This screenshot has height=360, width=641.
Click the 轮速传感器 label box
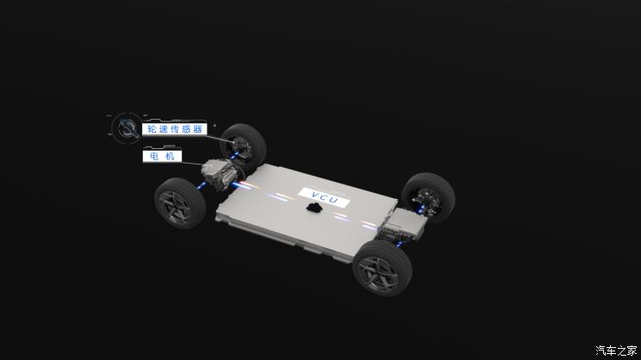175,129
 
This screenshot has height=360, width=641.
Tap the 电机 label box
162,156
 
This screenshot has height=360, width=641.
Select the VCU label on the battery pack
324,197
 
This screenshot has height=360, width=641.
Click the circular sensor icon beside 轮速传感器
127,128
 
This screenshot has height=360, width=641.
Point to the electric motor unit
220,175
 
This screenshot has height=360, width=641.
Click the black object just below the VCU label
314,208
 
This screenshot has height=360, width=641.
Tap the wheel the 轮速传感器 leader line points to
244,146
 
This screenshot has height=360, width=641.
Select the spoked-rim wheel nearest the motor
180,203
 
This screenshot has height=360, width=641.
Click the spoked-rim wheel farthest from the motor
383,268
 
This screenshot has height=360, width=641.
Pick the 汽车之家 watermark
616,351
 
